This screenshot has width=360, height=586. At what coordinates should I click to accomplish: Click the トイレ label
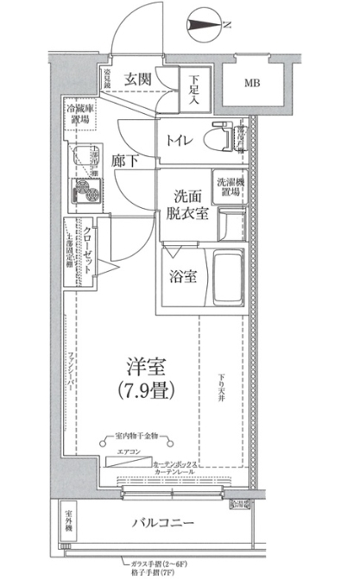click(180, 136)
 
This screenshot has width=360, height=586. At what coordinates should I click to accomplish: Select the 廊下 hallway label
click(125, 161)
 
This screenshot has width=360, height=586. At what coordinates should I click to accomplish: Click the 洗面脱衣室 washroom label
click(186, 204)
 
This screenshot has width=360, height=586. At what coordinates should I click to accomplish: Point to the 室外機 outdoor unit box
click(68, 524)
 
